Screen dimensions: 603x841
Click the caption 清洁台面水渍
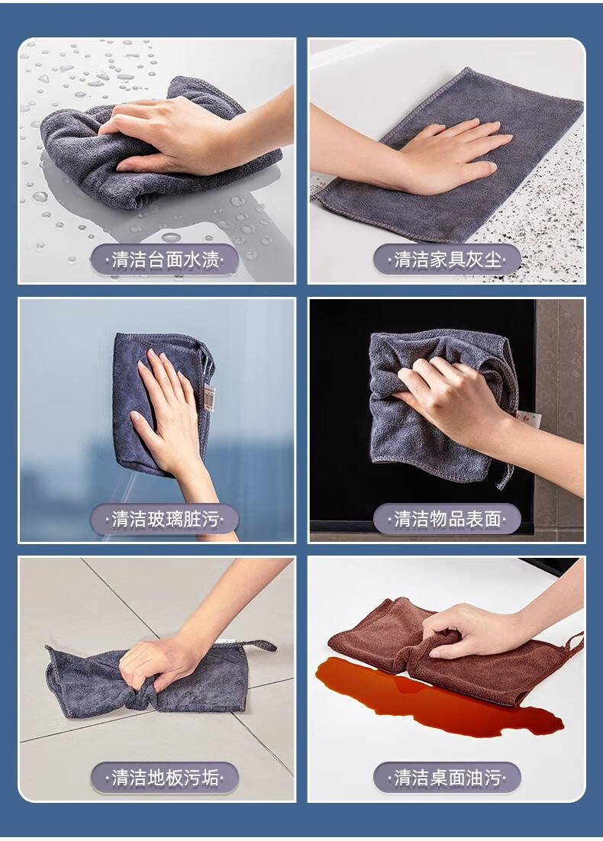click(166, 260)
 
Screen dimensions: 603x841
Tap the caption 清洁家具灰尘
click(447, 260)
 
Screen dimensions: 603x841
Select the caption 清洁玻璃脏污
click(166, 519)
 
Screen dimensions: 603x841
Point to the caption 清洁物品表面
click(447, 519)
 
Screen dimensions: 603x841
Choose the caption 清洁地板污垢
click(166, 777)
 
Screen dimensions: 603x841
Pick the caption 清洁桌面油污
click(447, 777)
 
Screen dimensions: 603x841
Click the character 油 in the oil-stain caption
click(475, 777)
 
